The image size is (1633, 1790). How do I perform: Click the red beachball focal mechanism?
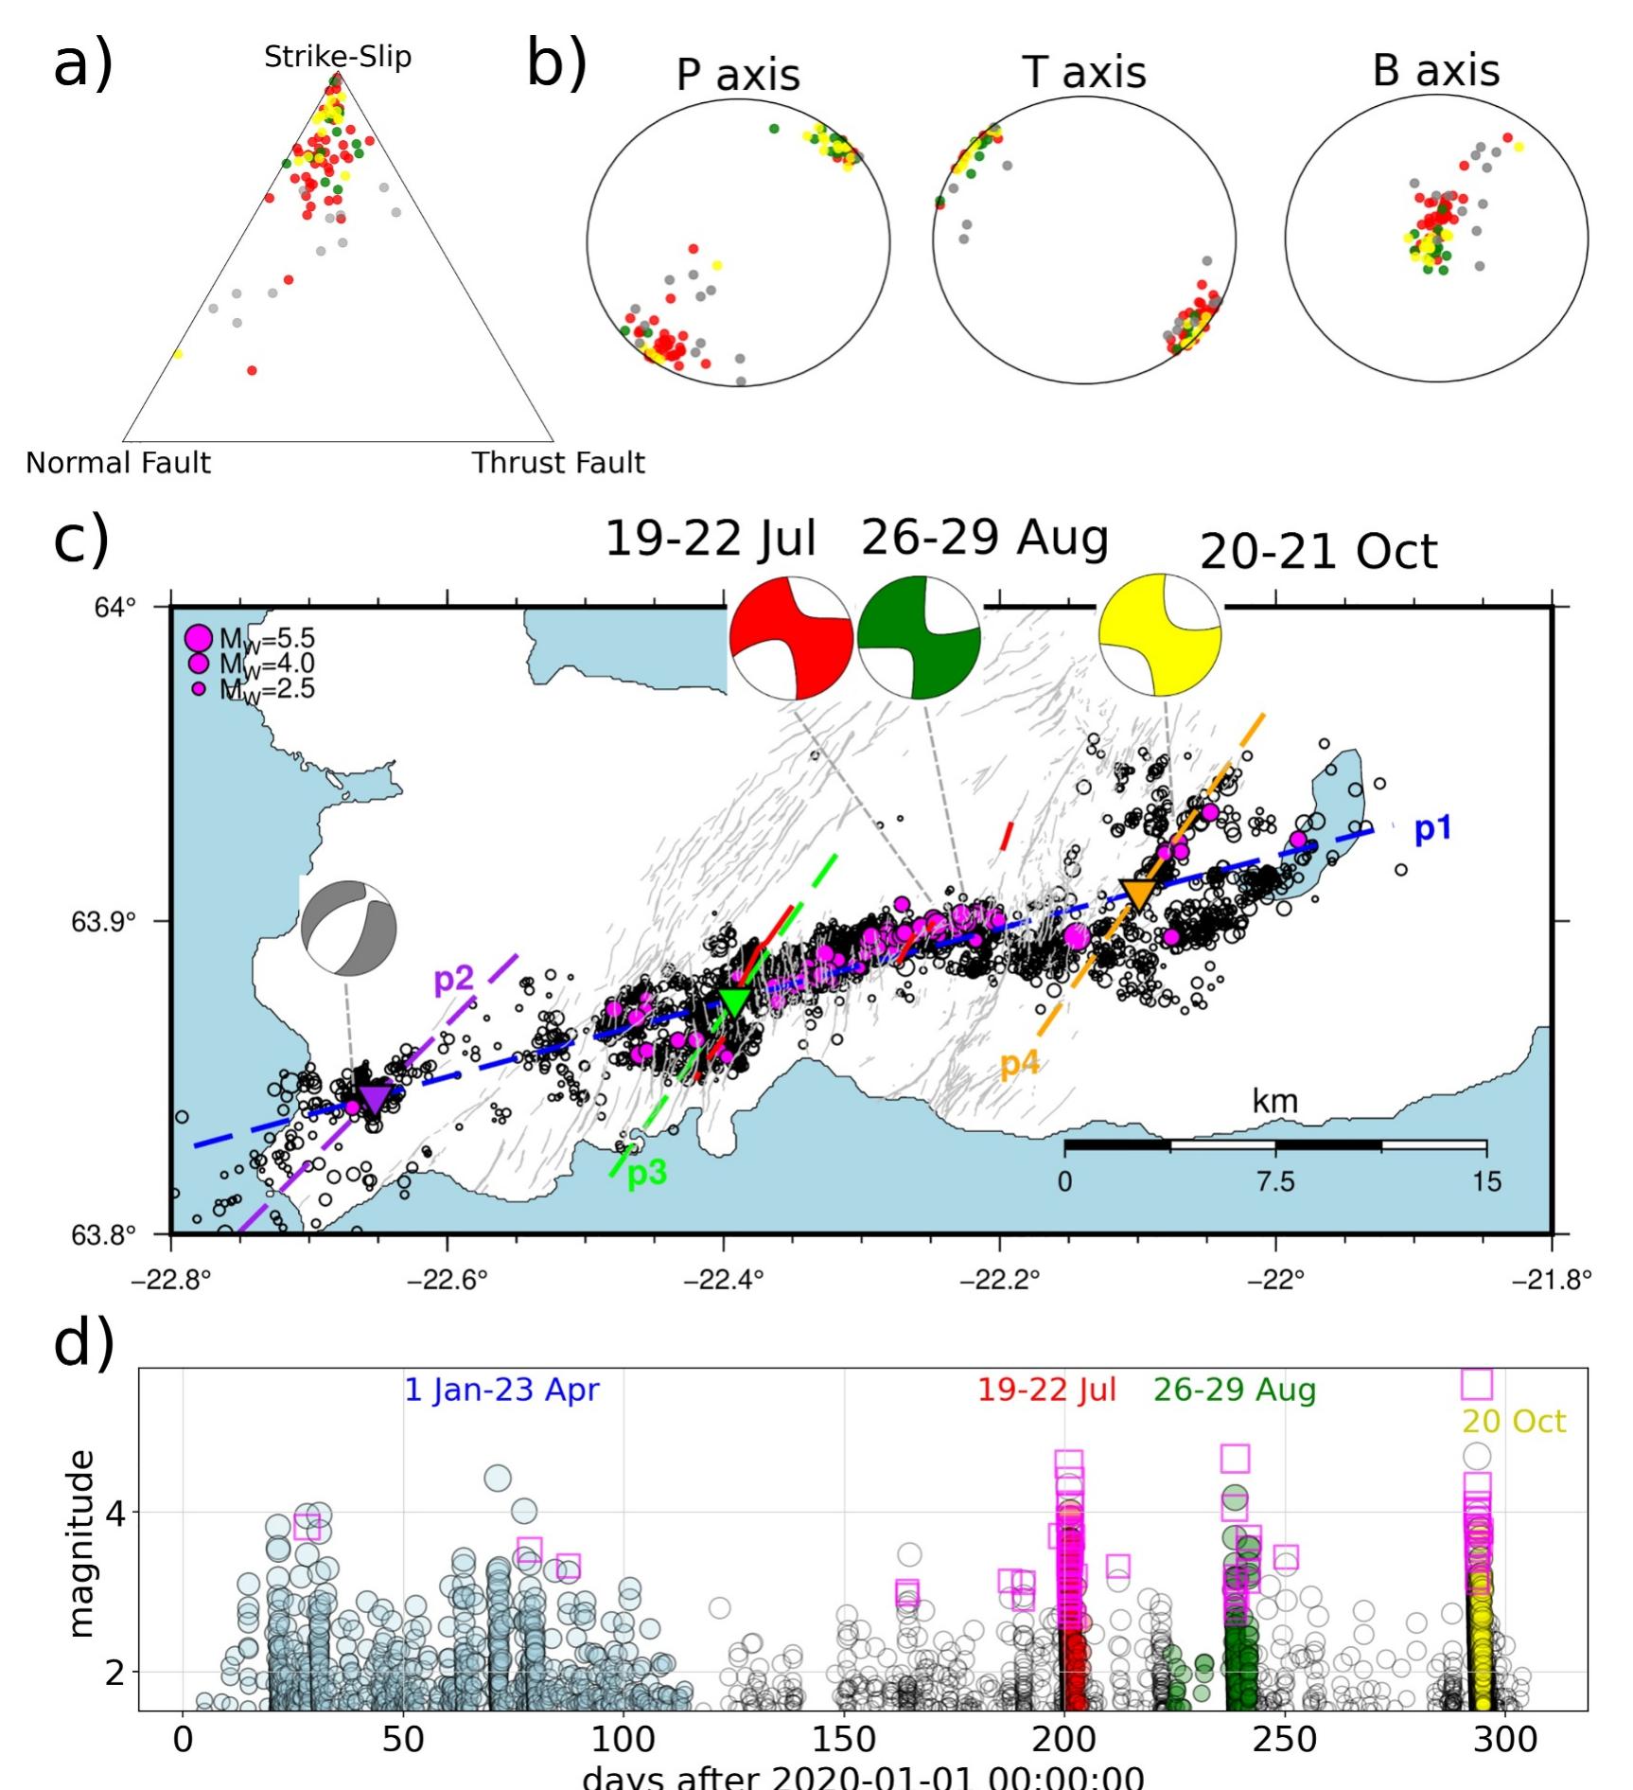[x=791, y=638]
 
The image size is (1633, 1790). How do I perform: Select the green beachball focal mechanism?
[x=919, y=637]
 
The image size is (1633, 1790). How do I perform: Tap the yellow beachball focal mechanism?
[x=1160, y=634]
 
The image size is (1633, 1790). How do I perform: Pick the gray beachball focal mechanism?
[x=348, y=929]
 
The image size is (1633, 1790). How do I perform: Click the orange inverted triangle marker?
[x=1138, y=894]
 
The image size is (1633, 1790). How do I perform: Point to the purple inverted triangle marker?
[x=375, y=1098]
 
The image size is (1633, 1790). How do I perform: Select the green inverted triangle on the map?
[x=735, y=1001]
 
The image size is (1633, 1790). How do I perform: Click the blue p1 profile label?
[x=1431, y=829]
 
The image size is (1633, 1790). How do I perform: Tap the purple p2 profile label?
[x=453, y=979]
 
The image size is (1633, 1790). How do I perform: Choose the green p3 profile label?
[x=647, y=1173]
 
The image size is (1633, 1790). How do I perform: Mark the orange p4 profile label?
[x=1020, y=1064]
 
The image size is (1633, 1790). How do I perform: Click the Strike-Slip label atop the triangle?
[x=338, y=57]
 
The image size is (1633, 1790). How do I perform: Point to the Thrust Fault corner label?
[x=558, y=463]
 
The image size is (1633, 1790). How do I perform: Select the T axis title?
[x=1084, y=73]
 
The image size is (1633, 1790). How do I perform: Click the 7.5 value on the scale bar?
[x=1275, y=1180]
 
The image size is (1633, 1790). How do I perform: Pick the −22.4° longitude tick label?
[x=724, y=1280]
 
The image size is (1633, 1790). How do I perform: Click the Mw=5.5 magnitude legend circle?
[x=199, y=638]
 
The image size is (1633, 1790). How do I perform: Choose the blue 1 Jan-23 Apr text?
[x=501, y=1390]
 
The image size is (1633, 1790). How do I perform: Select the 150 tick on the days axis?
[x=843, y=1739]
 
